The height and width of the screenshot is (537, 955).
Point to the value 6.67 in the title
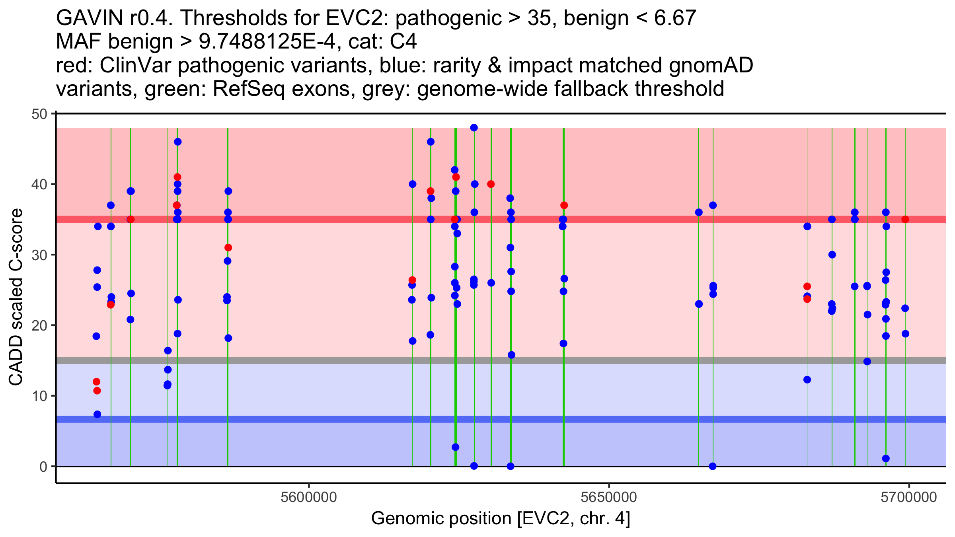(675, 18)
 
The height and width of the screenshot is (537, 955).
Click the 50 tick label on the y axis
(39, 114)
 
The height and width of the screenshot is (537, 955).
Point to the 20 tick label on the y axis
(39, 325)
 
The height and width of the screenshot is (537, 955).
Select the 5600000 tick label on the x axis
(308, 497)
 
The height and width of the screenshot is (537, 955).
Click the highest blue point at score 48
(474, 128)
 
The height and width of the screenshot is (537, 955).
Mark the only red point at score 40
(491, 184)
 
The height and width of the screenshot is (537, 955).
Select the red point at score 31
(228, 247)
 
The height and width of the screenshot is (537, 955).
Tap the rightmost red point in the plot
(905, 219)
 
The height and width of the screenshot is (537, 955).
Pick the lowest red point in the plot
(97, 391)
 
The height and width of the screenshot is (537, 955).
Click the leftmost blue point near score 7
(97, 414)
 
